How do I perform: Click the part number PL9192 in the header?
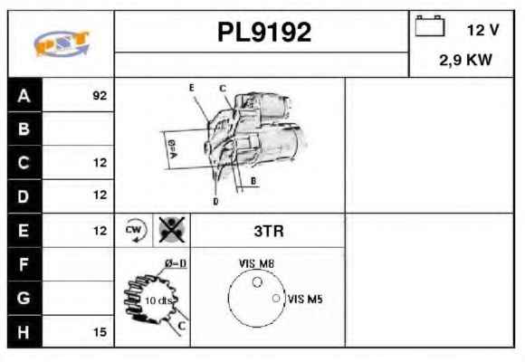point(264,33)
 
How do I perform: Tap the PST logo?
point(62,43)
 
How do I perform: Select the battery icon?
point(430,25)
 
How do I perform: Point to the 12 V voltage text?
point(482,30)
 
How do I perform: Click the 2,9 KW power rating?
point(466,61)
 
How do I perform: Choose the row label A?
point(24,96)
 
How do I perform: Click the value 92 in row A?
point(100,96)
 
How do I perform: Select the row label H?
point(24,332)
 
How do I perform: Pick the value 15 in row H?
point(100,332)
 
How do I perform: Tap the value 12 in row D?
point(100,195)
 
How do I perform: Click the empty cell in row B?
point(78,129)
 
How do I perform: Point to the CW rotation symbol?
point(135,230)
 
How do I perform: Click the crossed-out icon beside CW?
point(172,230)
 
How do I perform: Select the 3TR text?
point(269,231)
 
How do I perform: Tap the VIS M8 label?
point(256,264)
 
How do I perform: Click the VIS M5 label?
point(305,299)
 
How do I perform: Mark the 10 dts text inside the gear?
point(158,300)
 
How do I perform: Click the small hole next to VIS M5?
point(276,298)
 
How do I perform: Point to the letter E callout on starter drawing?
point(192,88)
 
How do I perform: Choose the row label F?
point(24,264)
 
